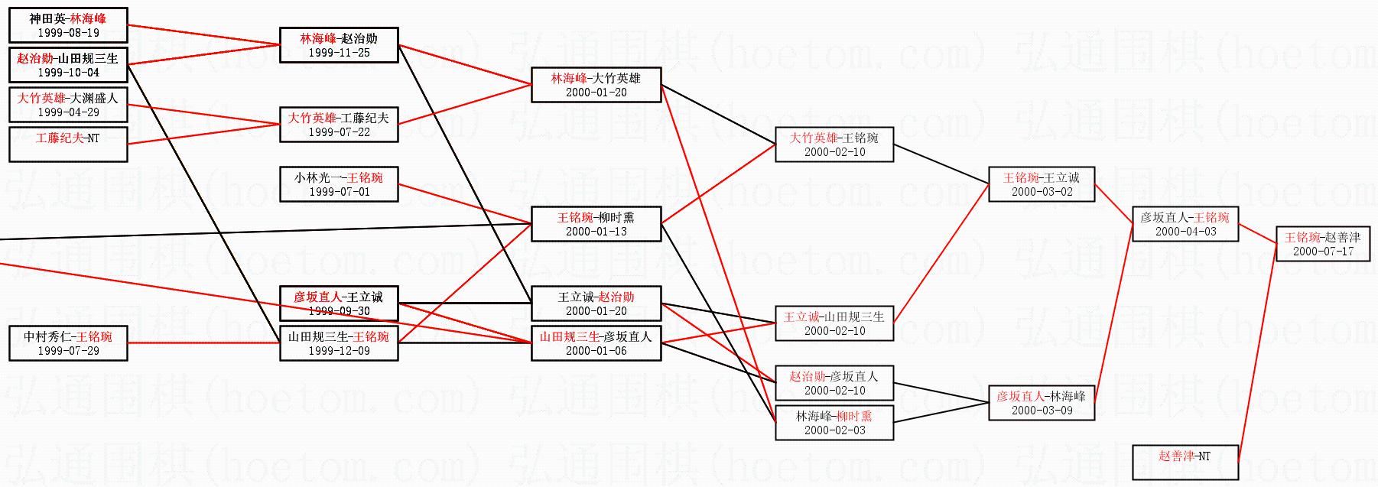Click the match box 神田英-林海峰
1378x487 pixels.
(68, 25)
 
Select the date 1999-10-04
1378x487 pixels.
(68, 73)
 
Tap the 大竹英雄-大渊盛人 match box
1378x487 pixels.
(68, 105)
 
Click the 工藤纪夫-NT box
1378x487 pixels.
(68, 144)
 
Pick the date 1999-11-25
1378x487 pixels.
(339, 53)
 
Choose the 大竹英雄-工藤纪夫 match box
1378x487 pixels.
(339, 125)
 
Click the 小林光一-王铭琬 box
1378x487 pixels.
(339, 184)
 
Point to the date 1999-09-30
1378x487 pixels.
(339, 311)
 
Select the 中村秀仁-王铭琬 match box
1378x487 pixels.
(68, 343)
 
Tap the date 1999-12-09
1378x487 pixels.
(339, 351)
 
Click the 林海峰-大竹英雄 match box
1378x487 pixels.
(596, 85)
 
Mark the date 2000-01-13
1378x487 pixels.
(596, 232)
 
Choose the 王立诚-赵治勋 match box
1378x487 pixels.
(596, 304)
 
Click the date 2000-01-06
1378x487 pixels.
(596, 351)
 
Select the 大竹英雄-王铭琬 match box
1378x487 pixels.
(834, 144)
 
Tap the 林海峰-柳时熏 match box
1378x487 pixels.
(834, 423)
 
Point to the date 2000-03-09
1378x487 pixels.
(1042, 411)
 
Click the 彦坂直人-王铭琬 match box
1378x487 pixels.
(1185, 224)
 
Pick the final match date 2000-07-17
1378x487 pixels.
(1322, 252)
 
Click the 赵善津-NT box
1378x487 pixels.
(1185, 463)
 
